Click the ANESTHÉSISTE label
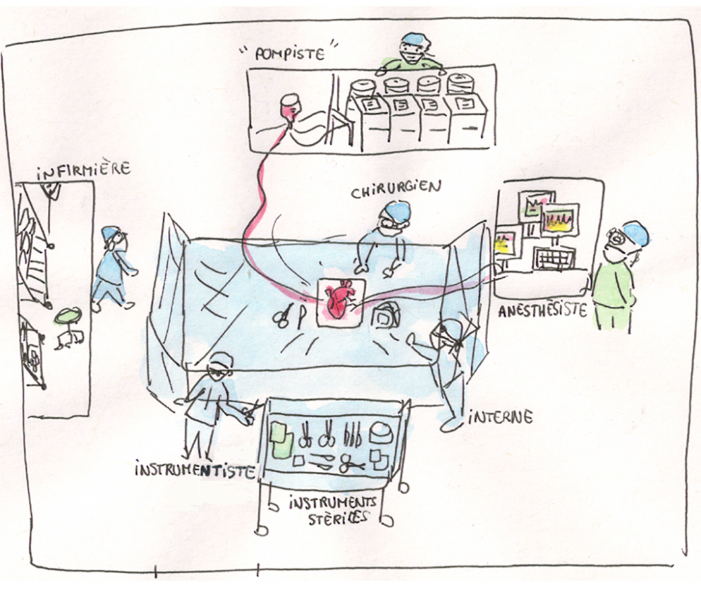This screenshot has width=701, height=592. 543,312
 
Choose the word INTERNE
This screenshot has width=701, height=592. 499,417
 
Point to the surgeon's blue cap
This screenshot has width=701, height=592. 396,212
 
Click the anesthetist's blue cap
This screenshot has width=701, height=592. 636,233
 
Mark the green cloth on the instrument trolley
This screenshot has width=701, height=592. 281,438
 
